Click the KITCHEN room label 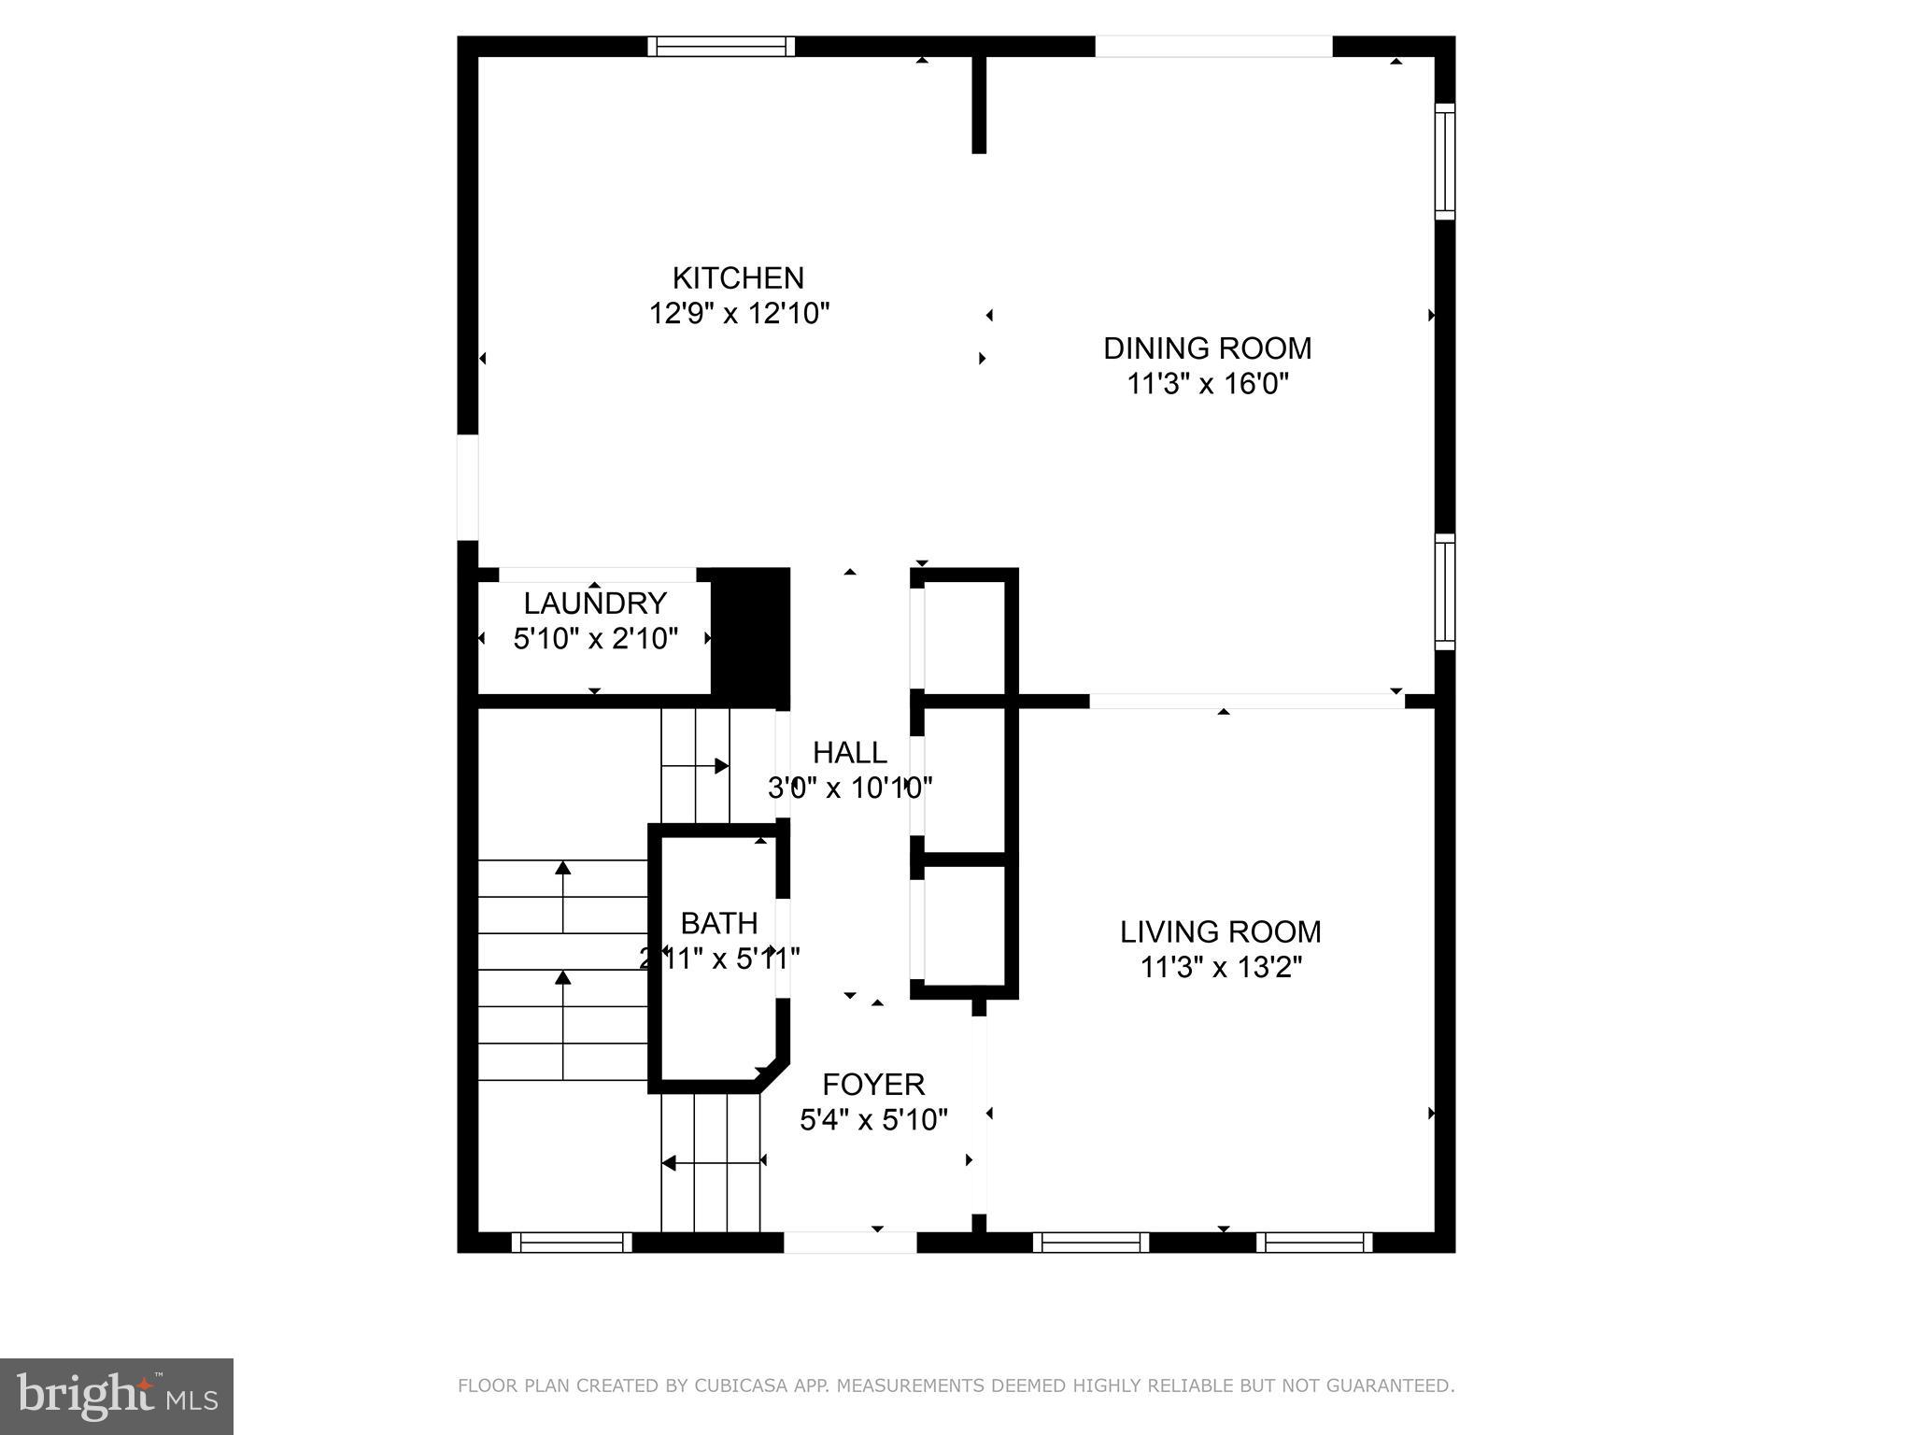(x=738, y=278)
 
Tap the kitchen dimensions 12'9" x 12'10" (x=739, y=313)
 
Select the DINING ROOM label (x=1207, y=348)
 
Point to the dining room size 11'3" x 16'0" (x=1207, y=384)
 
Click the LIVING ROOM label (x=1220, y=931)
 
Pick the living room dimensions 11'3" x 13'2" (x=1220, y=967)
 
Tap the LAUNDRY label (x=595, y=603)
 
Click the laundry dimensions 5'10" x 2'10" (x=595, y=638)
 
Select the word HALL (x=849, y=752)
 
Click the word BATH (x=718, y=923)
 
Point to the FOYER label (x=873, y=1084)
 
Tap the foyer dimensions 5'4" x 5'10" (x=873, y=1119)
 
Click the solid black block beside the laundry (x=750, y=635)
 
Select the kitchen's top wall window (x=721, y=47)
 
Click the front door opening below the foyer (x=850, y=1243)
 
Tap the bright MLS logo (x=117, y=1396)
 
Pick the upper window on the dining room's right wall (x=1444, y=162)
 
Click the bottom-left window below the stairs (x=572, y=1243)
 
